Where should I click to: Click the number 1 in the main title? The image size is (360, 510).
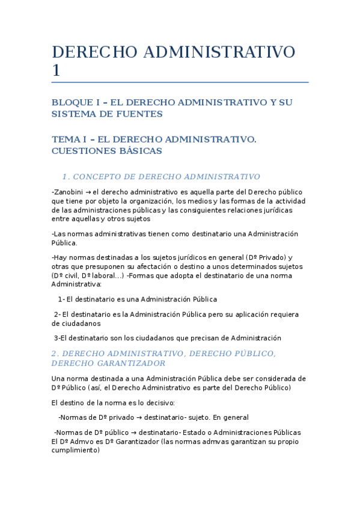pos(56,70)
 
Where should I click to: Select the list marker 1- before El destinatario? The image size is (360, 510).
pos(61,299)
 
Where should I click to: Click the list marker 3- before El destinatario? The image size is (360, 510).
pos(58,338)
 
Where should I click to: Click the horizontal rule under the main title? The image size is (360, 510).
pos(180,82)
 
